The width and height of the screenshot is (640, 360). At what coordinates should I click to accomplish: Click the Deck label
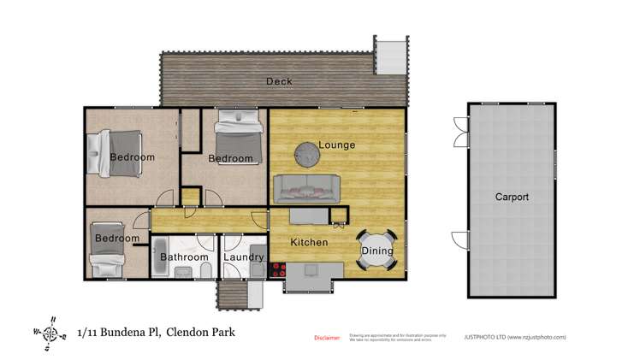[279, 82]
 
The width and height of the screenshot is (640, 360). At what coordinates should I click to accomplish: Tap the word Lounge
[336, 145]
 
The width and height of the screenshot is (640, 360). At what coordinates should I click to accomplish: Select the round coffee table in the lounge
[307, 152]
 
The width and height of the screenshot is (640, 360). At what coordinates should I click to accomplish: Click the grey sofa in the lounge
[306, 186]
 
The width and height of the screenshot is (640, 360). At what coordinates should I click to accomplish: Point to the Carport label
[512, 198]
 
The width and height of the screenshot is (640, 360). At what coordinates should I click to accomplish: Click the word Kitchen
[309, 243]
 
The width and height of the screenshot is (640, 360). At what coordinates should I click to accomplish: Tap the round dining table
[377, 251]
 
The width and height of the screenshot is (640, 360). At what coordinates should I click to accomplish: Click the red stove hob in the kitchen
[277, 269]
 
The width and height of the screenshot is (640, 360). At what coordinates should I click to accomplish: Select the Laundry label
[244, 257]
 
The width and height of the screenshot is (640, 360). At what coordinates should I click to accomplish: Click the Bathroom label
[184, 257]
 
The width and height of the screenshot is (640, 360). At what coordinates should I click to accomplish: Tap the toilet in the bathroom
[205, 270]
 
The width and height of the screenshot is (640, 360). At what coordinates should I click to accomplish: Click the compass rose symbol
[50, 333]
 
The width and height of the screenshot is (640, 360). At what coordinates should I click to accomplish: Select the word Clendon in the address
[187, 332]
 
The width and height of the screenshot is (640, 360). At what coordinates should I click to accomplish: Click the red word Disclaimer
[327, 338]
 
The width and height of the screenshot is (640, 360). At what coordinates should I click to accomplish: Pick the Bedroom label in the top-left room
[133, 157]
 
